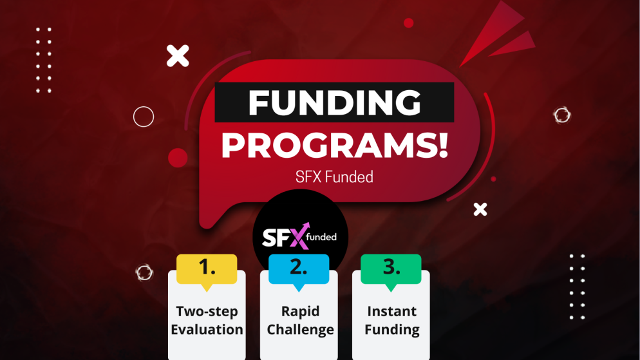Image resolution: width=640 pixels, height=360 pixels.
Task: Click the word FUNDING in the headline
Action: (334, 102)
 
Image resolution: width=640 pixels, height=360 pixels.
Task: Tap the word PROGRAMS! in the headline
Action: (334, 146)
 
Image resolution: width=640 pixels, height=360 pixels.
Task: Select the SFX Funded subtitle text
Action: (334, 176)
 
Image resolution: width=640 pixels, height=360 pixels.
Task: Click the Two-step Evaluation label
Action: (207, 320)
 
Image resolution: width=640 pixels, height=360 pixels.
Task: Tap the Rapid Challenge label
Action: (300, 320)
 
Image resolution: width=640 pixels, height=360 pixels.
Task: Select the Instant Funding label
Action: (391, 320)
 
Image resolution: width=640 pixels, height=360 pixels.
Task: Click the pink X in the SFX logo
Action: (297, 237)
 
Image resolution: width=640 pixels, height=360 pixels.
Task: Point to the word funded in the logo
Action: (321, 237)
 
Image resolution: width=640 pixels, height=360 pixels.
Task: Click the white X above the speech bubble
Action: (178, 56)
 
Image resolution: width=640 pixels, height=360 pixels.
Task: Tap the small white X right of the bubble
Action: (480, 209)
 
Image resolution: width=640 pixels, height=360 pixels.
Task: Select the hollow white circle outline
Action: (144, 117)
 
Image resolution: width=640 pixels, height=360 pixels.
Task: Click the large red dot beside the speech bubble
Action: (178, 158)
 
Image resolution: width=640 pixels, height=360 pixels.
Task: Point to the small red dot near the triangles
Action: (408, 23)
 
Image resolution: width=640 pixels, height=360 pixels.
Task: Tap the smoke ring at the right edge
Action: (562, 115)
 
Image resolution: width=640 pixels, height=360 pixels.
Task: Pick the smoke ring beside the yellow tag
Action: (145, 272)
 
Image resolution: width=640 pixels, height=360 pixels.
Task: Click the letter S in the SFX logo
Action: (269, 238)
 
